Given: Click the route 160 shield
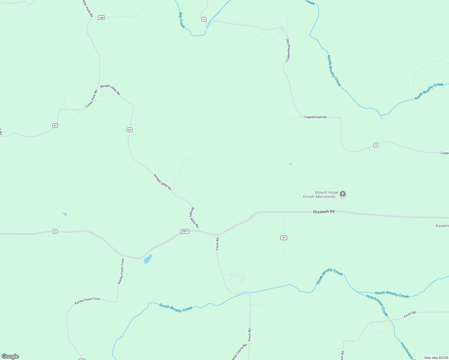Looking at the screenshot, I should [101, 18].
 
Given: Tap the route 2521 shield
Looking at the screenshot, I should [185, 231].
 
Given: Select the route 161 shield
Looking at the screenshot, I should [284, 238].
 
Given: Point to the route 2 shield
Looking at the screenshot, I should [55, 231].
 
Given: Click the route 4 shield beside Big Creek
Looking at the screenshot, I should [204, 19].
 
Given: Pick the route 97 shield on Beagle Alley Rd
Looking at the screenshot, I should [129, 130].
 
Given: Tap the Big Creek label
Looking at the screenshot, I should [182, 20].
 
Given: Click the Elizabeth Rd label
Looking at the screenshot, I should [324, 211].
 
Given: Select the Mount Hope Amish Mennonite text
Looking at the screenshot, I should [320, 194].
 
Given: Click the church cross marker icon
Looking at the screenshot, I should [343, 194].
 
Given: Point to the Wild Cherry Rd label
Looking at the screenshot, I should [239, 351].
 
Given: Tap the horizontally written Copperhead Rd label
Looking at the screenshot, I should [315, 117].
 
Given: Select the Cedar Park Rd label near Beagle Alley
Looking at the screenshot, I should [92, 99].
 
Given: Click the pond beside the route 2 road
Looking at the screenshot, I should [148, 259].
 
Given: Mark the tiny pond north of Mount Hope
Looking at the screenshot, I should [290, 164].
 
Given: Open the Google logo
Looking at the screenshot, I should [10, 356].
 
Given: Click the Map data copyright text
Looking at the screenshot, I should [436, 358].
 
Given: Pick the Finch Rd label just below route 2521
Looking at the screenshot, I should [218, 244].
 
